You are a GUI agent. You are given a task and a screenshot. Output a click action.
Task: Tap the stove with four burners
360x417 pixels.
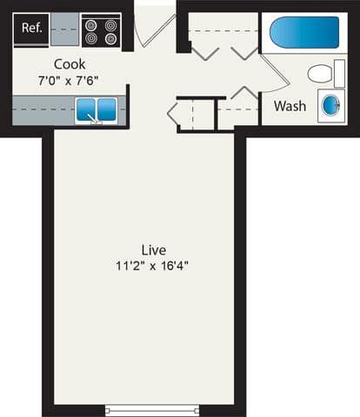(x=101, y=31)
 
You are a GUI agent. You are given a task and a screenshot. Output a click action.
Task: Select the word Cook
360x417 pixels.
(x=69, y=63)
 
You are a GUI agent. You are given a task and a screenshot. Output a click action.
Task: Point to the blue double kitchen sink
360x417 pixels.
(x=96, y=109)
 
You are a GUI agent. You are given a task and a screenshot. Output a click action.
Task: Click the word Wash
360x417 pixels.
(x=290, y=106)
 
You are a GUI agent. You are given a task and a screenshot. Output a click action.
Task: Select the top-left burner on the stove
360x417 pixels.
(x=92, y=24)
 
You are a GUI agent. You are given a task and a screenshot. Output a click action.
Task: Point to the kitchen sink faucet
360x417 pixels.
(x=96, y=119)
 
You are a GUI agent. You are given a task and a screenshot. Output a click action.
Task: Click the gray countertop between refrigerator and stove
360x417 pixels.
(x=64, y=29)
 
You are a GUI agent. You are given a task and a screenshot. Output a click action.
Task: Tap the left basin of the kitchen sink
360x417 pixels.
(x=86, y=109)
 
